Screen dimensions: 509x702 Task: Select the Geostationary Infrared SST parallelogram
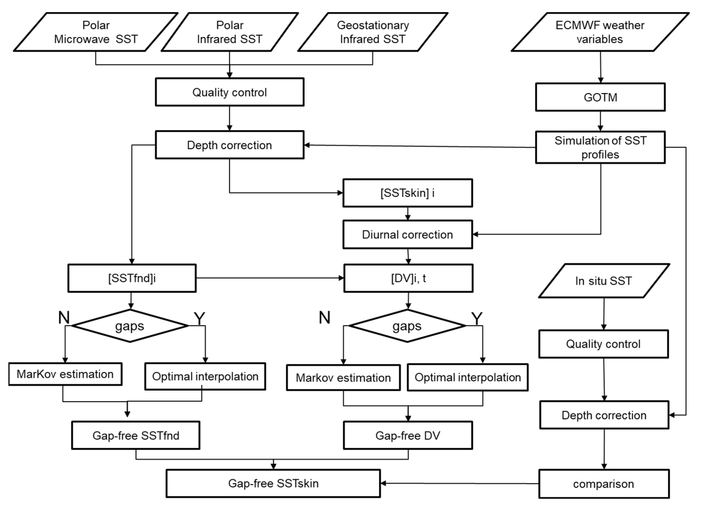[373, 32]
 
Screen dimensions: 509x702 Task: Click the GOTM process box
[600, 97]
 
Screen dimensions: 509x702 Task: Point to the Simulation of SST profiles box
[600, 147]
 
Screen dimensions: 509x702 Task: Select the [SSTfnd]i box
[132, 278]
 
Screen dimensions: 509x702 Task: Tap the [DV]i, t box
[408, 278]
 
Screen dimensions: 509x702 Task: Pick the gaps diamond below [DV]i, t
[407, 326]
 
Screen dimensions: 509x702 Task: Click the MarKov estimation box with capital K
[65, 374]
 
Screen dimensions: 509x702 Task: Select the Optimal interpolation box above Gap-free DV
[467, 377]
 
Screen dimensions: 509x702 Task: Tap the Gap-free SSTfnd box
[136, 435]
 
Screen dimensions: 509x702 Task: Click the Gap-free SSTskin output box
[273, 483]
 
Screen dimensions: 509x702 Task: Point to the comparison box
[603, 484]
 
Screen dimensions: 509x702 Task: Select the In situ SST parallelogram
[603, 281]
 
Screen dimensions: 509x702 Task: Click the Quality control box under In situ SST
[603, 344]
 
